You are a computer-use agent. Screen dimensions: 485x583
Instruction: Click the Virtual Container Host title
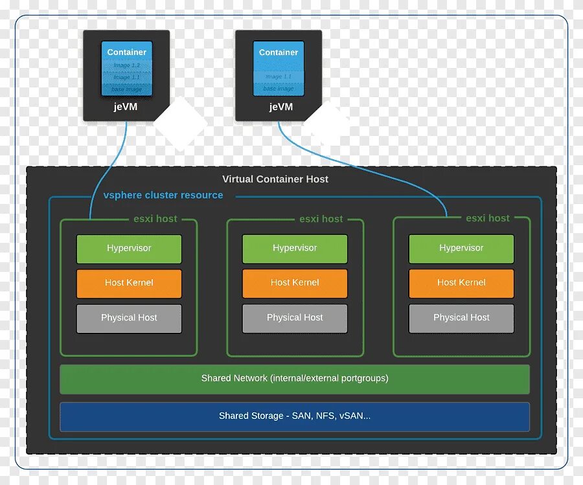[x=275, y=179]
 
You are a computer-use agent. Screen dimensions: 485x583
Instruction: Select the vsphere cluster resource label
[x=163, y=196]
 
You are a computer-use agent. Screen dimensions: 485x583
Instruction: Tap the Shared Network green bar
[x=295, y=378]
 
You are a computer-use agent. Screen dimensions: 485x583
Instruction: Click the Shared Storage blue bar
[x=295, y=416]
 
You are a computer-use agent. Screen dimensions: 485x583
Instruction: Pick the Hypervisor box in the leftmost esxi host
[x=129, y=249]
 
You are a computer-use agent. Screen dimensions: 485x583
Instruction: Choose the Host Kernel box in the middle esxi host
[x=295, y=283]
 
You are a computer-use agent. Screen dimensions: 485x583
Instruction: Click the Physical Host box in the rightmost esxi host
[x=461, y=318]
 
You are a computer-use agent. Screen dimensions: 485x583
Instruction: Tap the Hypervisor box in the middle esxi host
[x=295, y=249]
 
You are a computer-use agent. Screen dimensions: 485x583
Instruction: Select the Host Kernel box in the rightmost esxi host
[x=461, y=283]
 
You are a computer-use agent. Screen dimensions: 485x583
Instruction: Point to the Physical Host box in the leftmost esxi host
[x=129, y=318]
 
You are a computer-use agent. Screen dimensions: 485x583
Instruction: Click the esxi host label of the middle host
[x=321, y=220]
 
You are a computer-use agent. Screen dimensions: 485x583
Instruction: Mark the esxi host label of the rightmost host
[x=487, y=218]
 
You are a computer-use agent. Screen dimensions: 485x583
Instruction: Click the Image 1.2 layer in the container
[x=126, y=65]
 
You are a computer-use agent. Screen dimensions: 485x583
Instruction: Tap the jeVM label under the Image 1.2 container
[x=126, y=107]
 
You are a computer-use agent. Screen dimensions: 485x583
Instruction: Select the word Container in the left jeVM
[x=126, y=52]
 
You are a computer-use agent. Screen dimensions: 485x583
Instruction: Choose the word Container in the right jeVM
[x=279, y=52]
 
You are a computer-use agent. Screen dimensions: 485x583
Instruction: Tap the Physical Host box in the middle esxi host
[x=295, y=318]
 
